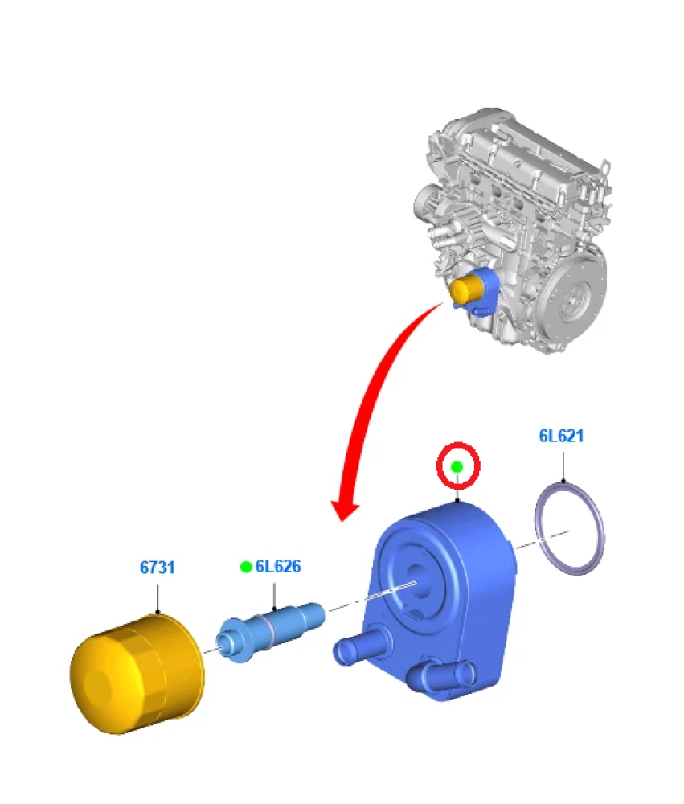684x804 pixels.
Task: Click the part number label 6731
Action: pyautogui.click(x=158, y=568)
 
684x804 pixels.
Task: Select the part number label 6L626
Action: pyautogui.click(x=278, y=567)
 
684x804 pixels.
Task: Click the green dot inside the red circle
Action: pyautogui.click(x=457, y=466)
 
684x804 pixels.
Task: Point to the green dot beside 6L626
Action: pyautogui.click(x=245, y=567)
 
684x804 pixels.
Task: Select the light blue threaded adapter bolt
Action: pyautogui.click(x=270, y=630)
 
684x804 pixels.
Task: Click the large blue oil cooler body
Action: pyautogui.click(x=450, y=587)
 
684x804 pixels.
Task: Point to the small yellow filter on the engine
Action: pyautogui.click(x=465, y=290)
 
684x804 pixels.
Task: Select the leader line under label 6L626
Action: pyautogui.click(x=274, y=595)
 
